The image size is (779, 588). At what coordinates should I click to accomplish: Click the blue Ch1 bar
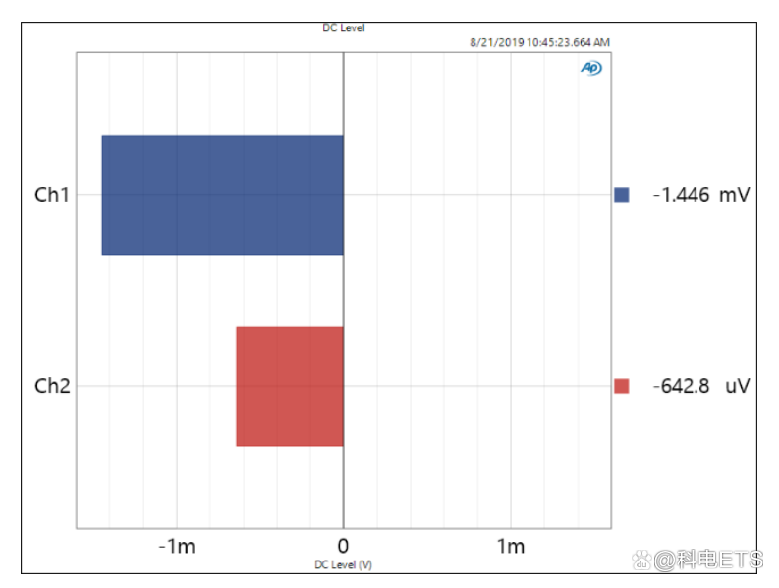tap(222, 195)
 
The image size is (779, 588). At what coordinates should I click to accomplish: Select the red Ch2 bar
tap(290, 386)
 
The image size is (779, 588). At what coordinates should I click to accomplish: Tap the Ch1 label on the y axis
tap(51, 195)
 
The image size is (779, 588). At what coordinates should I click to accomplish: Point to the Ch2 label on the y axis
tap(51, 386)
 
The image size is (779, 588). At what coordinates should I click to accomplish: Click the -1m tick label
tap(177, 547)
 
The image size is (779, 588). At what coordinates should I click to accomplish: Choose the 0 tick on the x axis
tap(343, 547)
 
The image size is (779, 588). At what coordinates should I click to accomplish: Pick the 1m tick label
tap(510, 547)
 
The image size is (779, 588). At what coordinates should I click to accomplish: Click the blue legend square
tap(621, 195)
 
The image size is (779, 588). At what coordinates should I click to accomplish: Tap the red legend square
tap(621, 386)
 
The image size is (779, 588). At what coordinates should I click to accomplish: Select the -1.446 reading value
tap(681, 195)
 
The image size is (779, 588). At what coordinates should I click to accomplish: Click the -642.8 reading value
tap(681, 386)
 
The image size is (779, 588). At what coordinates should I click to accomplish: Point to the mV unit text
tap(734, 195)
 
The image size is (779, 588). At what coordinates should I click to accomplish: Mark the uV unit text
tap(737, 386)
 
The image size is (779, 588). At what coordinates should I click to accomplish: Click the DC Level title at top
tap(343, 27)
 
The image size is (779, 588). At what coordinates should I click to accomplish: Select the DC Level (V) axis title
tap(343, 565)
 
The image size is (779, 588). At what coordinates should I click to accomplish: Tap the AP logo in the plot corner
tap(590, 68)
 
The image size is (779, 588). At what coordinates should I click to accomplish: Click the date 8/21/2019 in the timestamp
tap(497, 42)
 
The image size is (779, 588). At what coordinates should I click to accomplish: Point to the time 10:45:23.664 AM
tap(568, 42)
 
